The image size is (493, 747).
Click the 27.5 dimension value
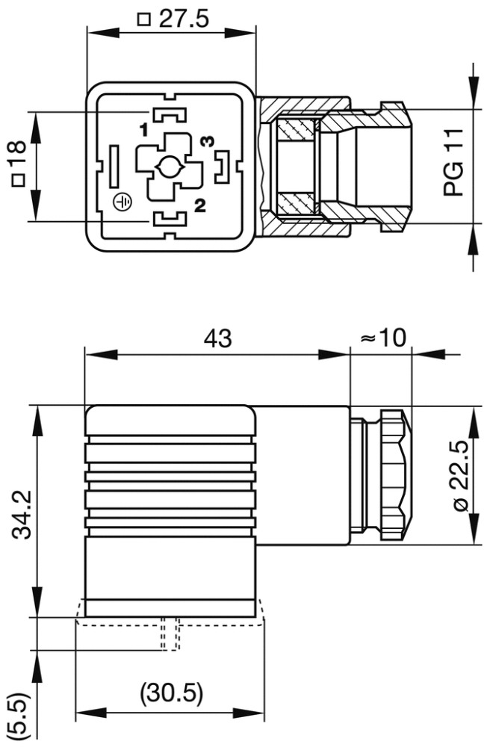click(183, 19)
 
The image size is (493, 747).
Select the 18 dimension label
click(16, 159)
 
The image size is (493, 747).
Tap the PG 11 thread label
click(453, 162)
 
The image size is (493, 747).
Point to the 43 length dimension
click(217, 338)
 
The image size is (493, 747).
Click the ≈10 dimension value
click(382, 338)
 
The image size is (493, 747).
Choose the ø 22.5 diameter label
click(461, 476)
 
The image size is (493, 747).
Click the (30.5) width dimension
click(171, 694)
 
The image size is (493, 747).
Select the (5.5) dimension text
click(17, 715)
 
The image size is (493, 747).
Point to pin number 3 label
click(208, 140)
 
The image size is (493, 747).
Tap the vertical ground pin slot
click(114, 166)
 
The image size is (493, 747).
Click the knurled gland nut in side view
click(394, 474)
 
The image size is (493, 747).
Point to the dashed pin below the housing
click(170, 634)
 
